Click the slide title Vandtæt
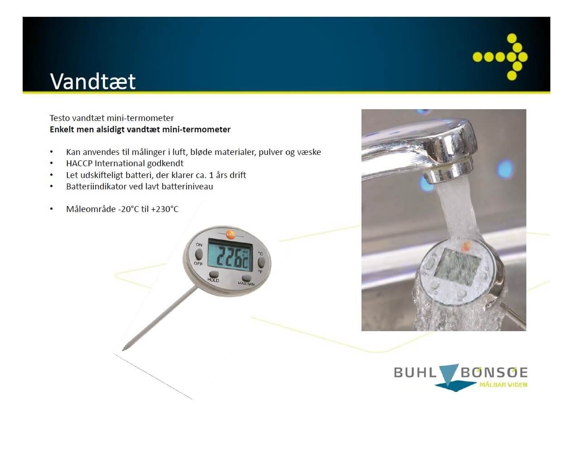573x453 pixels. pyautogui.click(x=93, y=81)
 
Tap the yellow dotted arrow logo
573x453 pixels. pyautogui.click(x=501, y=57)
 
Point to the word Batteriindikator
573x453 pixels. pyautogui.click(x=96, y=187)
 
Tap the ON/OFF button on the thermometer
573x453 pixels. pyautogui.click(x=199, y=254)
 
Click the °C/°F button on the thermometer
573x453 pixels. pyautogui.click(x=261, y=262)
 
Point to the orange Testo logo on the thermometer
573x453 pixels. pyautogui.click(x=230, y=235)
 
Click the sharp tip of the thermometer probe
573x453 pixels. pyautogui.click(x=123, y=350)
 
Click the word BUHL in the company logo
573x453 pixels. pyautogui.click(x=415, y=372)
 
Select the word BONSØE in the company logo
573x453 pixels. pyautogui.click(x=494, y=372)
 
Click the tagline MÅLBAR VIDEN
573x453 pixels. pyautogui.click(x=503, y=385)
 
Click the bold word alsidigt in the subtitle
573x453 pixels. pyautogui.click(x=110, y=130)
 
